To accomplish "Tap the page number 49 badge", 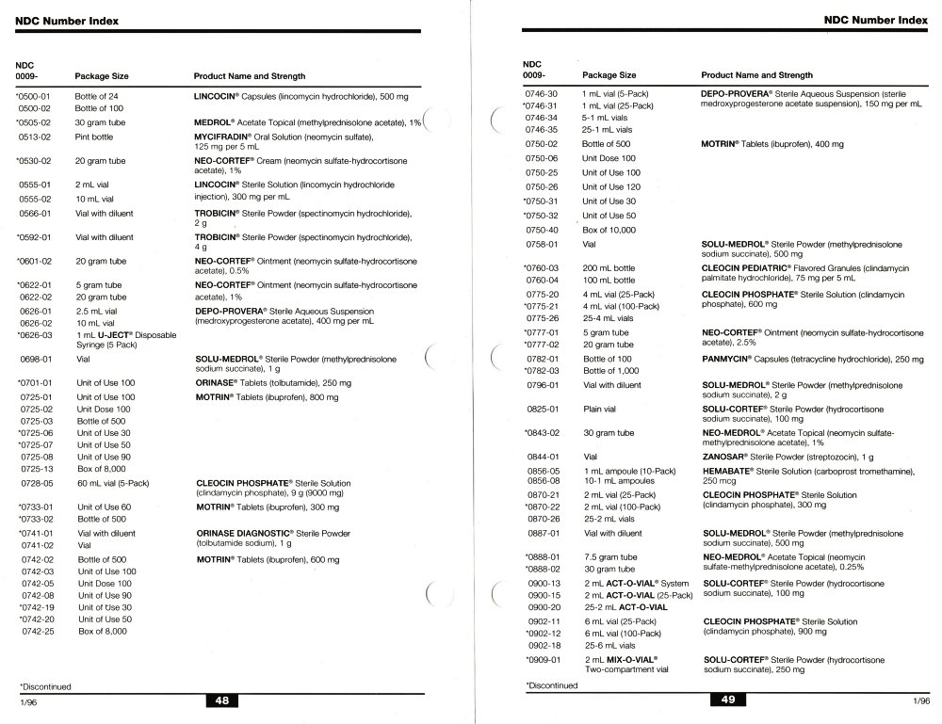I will click(x=728, y=700).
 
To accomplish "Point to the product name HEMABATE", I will click(x=731, y=470).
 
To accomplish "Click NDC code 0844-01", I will click(x=543, y=456).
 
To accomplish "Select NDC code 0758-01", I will click(x=543, y=245).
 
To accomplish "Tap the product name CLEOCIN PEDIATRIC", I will click(x=754, y=267).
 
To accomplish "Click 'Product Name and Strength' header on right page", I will click(x=756, y=75).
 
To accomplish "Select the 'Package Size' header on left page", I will click(x=102, y=76).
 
